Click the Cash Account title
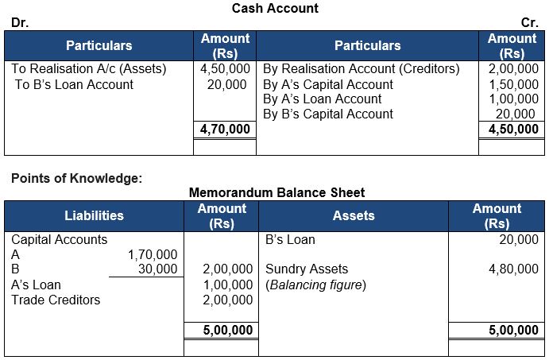[x=274, y=8]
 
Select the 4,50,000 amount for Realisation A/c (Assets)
[x=225, y=69]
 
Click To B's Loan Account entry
[x=74, y=84]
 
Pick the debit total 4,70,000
[x=225, y=129]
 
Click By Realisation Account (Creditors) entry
[x=361, y=69]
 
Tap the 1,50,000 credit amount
[x=513, y=84]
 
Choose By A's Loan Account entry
[x=322, y=99]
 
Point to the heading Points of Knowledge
[x=77, y=178]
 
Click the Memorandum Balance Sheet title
[x=277, y=192]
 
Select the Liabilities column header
[x=94, y=215]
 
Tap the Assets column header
[x=354, y=215]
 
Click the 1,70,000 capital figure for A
[x=153, y=254]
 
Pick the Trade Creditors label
[x=56, y=300]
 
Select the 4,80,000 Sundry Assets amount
[x=513, y=269]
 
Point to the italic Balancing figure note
[x=315, y=285]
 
